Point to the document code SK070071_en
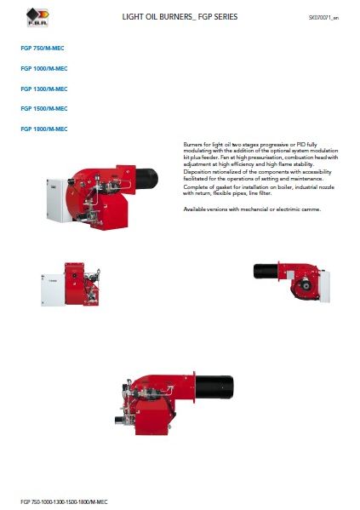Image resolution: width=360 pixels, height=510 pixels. (324, 17)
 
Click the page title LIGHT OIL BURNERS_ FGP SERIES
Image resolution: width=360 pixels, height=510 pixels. (180, 16)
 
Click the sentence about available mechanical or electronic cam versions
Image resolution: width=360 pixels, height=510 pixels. (252, 209)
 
